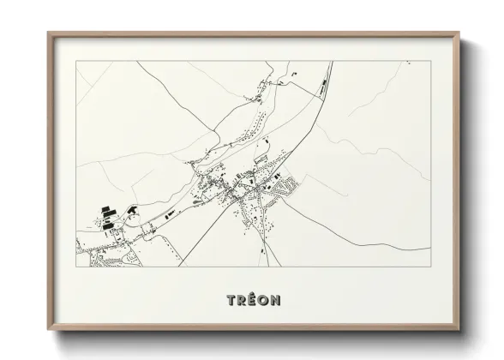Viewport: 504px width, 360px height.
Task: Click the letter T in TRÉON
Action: point(231,300)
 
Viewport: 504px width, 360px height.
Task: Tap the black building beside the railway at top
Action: point(323,85)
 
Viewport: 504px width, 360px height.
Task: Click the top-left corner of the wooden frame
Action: point(48,33)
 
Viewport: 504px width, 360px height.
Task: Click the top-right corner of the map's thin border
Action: point(430,61)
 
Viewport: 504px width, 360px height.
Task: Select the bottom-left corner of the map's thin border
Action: point(76,267)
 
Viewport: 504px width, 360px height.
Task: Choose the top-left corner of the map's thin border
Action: point(76,61)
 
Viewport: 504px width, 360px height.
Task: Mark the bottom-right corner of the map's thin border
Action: point(430,267)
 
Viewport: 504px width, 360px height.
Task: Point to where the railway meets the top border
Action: point(331,61)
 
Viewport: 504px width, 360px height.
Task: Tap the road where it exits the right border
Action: point(430,250)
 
